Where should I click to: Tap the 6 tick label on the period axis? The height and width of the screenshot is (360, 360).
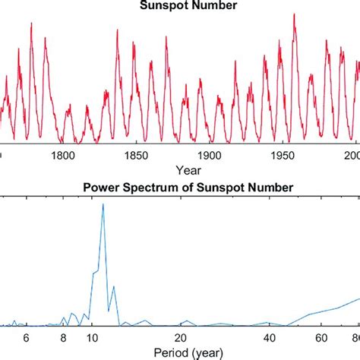pyautogui.click(x=25, y=338)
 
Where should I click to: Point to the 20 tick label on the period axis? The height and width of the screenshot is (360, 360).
pyautogui.click(x=181, y=338)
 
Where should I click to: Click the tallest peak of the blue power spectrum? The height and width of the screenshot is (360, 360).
pyautogui.click(x=103, y=204)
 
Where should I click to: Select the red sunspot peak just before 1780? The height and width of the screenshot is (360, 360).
pyautogui.click(x=31, y=23)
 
